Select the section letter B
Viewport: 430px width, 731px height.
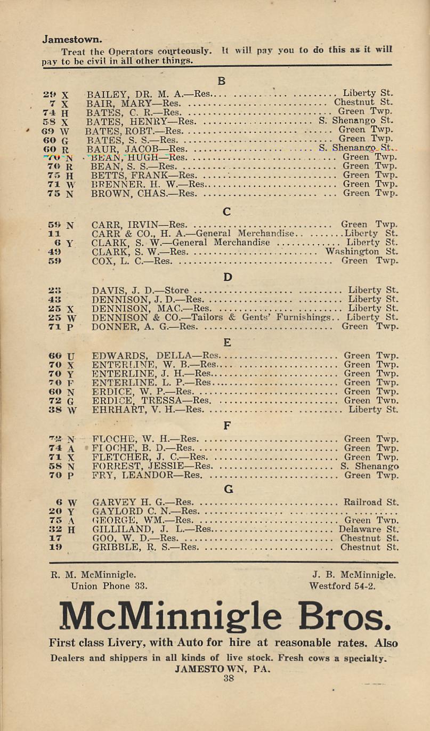(222, 81)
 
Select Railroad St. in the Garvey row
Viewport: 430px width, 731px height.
(371, 502)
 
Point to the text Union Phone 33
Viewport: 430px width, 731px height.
(109, 585)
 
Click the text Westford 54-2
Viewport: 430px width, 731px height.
(342, 585)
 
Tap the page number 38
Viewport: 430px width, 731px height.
(229, 679)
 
